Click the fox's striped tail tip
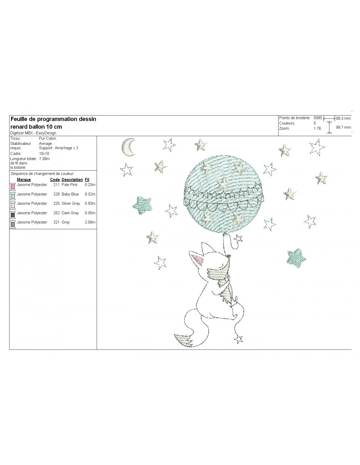(x=183, y=340)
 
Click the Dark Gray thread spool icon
(x=13, y=215)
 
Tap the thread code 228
(x=56, y=194)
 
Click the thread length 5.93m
(x=90, y=203)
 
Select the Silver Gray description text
(x=71, y=203)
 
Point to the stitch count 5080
(x=317, y=118)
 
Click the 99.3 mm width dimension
(x=343, y=118)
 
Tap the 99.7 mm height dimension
(x=343, y=127)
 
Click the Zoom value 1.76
(x=317, y=129)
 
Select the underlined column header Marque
(x=24, y=180)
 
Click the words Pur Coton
(x=47, y=138)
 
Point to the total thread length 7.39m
(x=44, y=159)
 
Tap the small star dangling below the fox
(x=238, y=339)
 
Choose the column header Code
(x=55, y=180)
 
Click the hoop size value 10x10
(x=44, y=153)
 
